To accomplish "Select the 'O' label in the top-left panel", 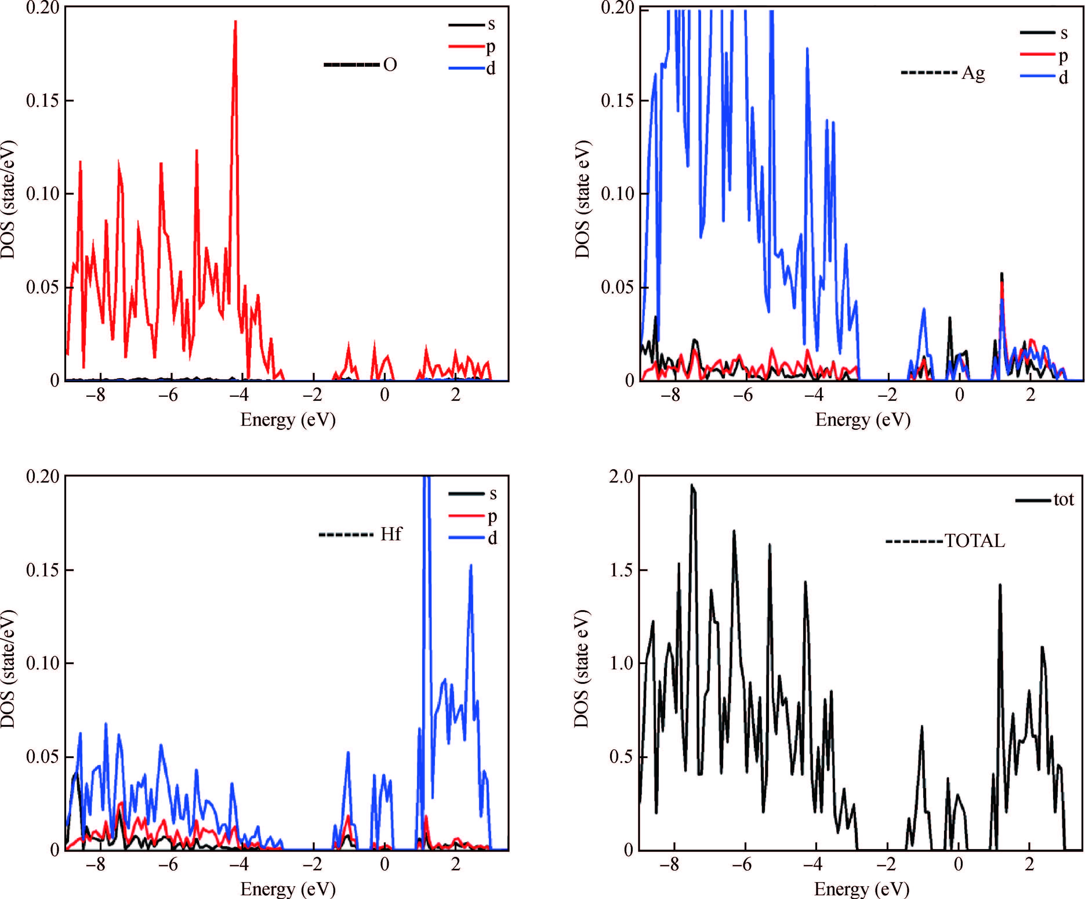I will point(390,65).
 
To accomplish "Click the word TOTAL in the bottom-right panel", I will point(975,541).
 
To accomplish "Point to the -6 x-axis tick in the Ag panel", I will point(744,395).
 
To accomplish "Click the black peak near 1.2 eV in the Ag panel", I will point(1002,274).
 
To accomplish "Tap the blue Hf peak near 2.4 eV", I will point(471,565).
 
